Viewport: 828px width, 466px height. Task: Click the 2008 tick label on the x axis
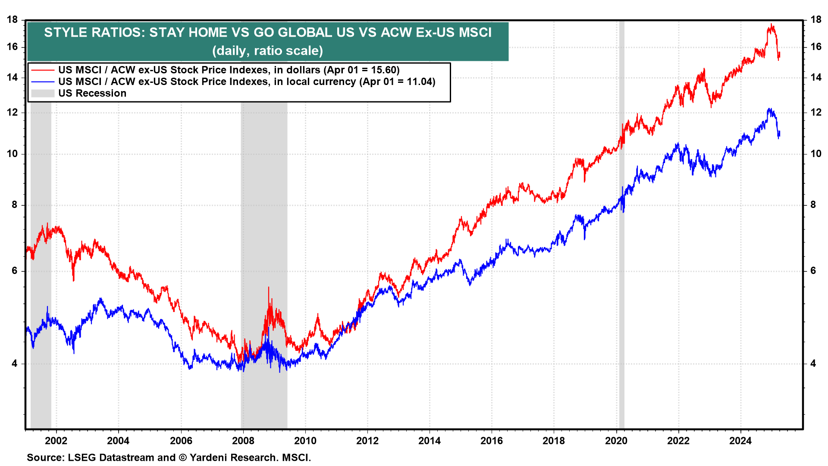pos(243,441)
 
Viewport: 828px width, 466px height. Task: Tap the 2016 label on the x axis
pos(492,441)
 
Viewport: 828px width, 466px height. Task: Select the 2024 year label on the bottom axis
pos(740,441)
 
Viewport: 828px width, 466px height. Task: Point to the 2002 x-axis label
pos(56,441)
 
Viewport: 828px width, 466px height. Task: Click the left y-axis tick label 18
pos(13,20)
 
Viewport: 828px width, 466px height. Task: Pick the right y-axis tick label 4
pos(813,364)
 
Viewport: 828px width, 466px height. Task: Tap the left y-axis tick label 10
pos(13,154)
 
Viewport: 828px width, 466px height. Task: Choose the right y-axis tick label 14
pos(815,78)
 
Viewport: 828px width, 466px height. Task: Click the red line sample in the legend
pos(43,70)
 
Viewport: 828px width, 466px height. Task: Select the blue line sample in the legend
pos(43,82)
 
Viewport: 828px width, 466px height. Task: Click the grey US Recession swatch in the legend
pos(43,93)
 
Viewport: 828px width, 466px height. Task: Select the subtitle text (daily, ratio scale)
pos(267,51)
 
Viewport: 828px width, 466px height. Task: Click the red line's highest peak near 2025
pos(771,25)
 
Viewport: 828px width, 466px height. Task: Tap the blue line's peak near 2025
pos(769,109)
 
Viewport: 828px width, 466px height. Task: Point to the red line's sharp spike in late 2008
pos(269,288)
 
